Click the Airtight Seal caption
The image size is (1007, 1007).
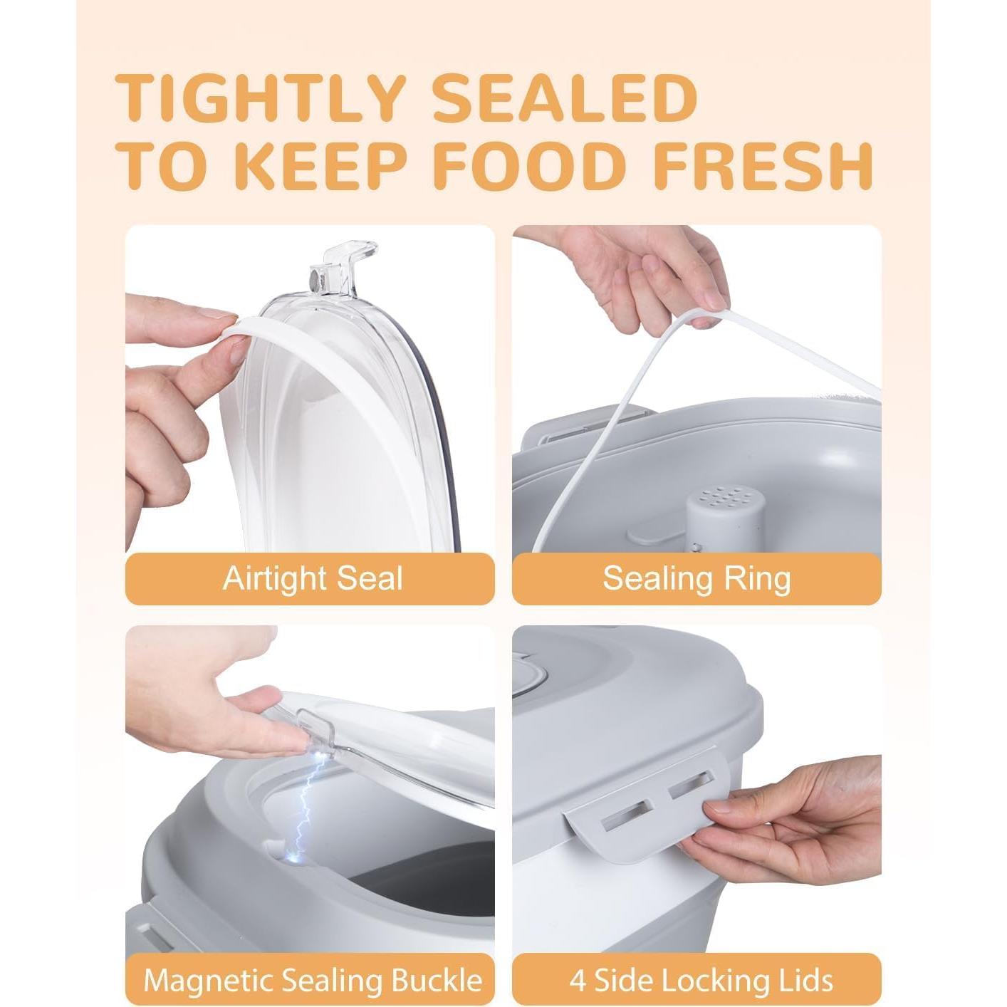point(312,578)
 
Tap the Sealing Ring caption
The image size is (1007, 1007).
point(696,578)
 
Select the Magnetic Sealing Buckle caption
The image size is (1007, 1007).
point(312,980)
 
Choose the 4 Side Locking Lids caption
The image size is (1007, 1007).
point(701,980)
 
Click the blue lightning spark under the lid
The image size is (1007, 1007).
point(308,805)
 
